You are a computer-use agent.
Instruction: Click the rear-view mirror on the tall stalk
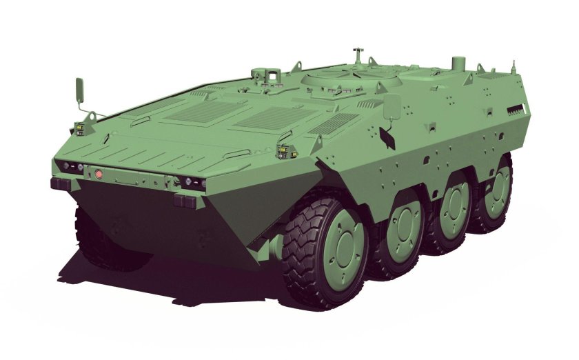(79, 90)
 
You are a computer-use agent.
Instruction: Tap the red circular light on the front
(99, 174)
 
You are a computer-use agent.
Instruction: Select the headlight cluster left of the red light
(70, 166)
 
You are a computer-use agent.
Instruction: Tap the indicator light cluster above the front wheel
(284, 152)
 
